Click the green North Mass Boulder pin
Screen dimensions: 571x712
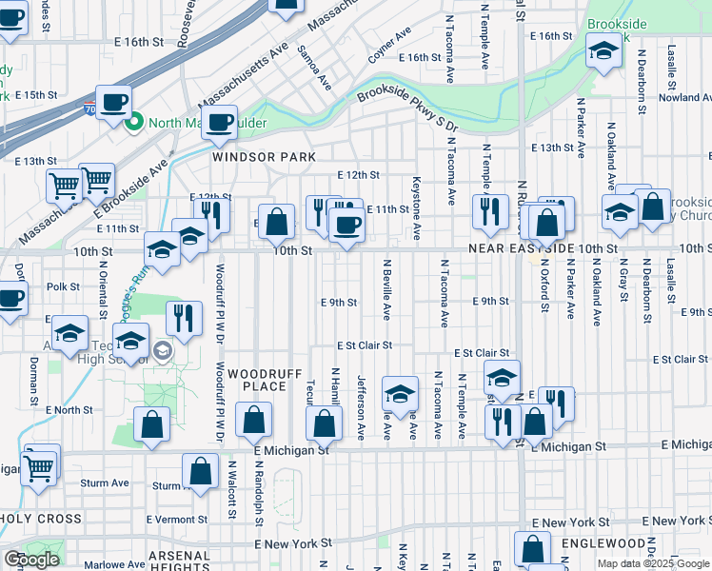[136, 121]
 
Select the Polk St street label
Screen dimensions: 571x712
[63, 285]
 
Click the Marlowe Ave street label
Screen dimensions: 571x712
[94, 562]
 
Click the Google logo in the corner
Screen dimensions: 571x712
[31, 560]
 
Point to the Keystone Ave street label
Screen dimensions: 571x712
[416, 207]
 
